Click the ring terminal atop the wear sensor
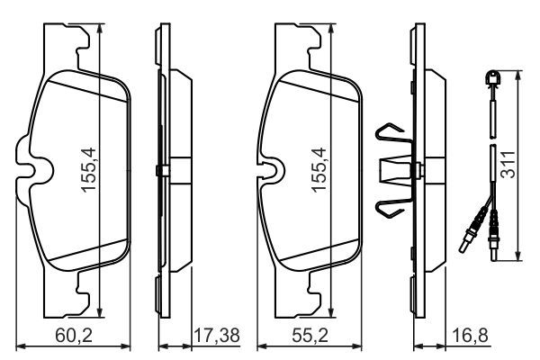click(492, 77)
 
